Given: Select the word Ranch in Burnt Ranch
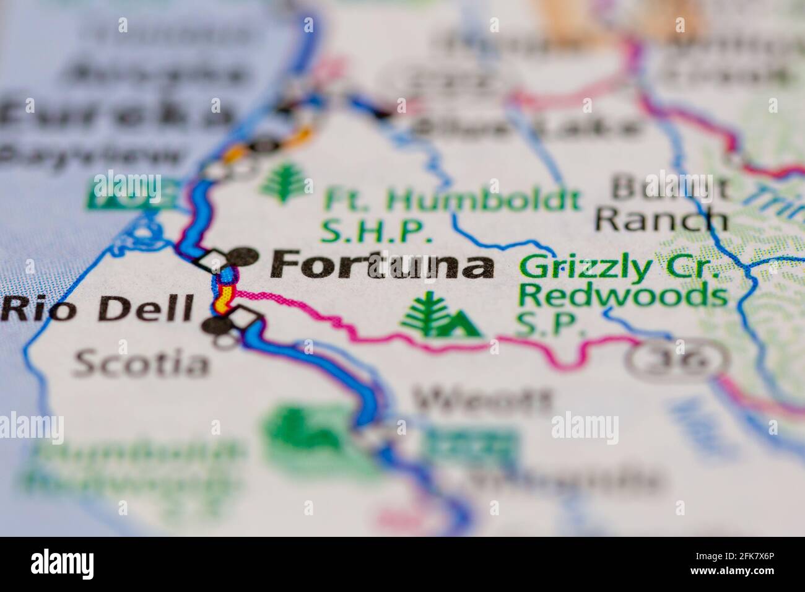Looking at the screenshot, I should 664,217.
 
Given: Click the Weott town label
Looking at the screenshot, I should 482,401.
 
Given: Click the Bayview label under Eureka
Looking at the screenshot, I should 93,154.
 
